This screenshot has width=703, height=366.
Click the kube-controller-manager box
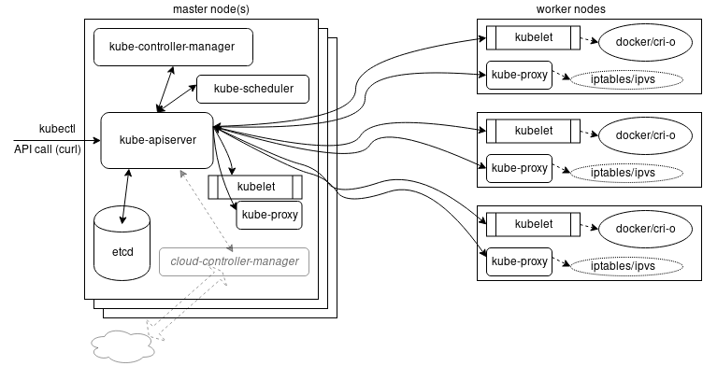coord(173,47)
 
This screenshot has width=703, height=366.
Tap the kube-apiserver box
coord(156,140)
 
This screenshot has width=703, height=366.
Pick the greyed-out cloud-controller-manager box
coord(234,261)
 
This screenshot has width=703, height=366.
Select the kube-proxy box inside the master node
coord(269,215)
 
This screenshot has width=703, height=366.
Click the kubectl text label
coord(50,128)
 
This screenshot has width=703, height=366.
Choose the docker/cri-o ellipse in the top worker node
coord(645,43)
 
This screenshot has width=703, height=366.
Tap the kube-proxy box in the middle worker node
coord(520,168)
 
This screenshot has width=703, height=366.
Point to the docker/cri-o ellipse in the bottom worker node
coord(645,228)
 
